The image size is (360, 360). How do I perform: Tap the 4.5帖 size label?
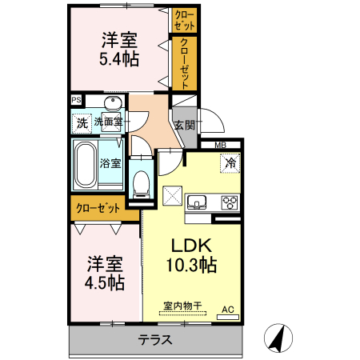[105, 282]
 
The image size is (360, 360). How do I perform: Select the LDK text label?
[189, 246]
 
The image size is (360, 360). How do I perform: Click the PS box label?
[77, 100]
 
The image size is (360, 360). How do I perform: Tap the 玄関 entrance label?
[183, 126]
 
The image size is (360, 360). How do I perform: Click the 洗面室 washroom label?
[108, 122]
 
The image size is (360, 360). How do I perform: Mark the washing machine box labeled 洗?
[82, 123]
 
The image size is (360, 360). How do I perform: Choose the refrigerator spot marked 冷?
[230, 163]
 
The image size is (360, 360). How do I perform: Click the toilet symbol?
[141, 182]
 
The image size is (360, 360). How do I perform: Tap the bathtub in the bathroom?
[85, 166]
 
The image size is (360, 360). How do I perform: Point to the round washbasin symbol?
[113, 104]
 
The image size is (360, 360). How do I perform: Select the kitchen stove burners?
[229, 201]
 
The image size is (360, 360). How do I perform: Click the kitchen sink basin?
[198, 201]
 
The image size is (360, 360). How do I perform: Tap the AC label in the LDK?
[226, 309]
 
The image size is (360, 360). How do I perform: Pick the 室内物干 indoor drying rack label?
[180, 305]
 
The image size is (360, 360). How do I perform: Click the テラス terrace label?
[156, 338]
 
